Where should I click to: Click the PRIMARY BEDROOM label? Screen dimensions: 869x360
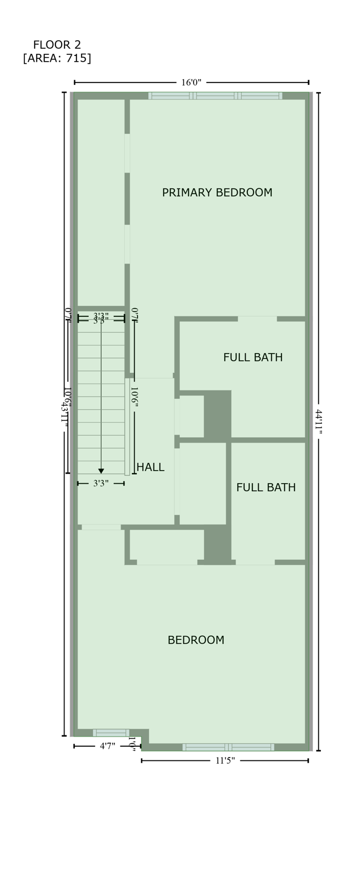[x=217, y=193]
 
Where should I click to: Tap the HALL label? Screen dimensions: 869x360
[x=151, y=467]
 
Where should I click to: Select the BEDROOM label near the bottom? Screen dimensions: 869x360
[x=196, y=640]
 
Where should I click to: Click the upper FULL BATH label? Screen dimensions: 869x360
[x=252, y=358]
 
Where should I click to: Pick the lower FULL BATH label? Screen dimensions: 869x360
[x=265, y=488]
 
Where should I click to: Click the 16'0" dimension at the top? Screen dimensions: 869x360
[x=191, y=83]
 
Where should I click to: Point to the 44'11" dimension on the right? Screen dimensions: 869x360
[x=319, y=422]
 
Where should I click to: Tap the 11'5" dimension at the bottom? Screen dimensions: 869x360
[x=225, y=761]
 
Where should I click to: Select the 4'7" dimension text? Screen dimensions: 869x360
[x=108, y=746]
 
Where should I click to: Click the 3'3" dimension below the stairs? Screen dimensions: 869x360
[x=101, y=484]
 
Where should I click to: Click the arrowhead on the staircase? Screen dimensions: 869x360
[x=101, y=471]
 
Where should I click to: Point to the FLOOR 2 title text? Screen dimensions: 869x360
[x=57, y=45]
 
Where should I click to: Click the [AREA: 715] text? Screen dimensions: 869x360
[x=57, y=58]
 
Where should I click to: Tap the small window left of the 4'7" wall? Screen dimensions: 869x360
[x=111, y=733]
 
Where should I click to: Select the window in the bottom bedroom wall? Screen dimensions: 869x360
[x=228, y=747]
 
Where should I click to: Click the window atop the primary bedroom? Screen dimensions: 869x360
[x=215, y=96]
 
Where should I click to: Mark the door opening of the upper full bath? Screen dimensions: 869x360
[x=257, y=319]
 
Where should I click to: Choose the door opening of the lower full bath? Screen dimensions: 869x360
[x=255, y=562]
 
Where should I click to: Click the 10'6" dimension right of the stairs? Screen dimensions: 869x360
[x=135, y=398]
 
